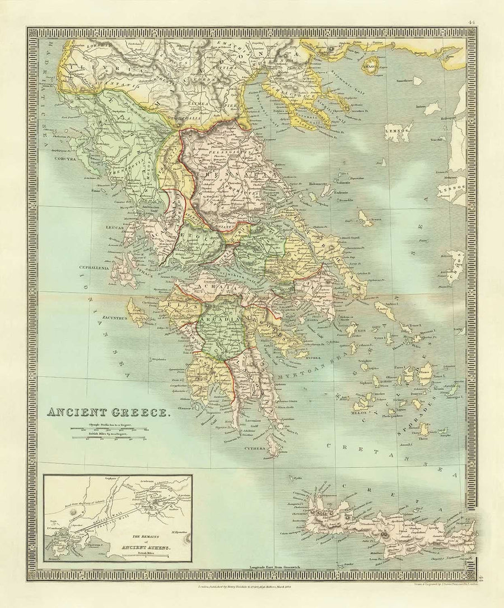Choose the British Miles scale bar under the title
(x=116, y=438)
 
